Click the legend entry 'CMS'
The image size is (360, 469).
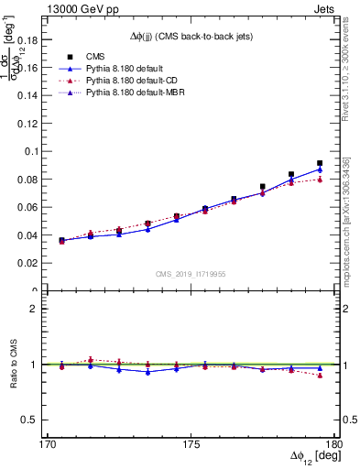[96, 56]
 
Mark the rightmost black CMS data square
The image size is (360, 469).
[320, 163]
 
